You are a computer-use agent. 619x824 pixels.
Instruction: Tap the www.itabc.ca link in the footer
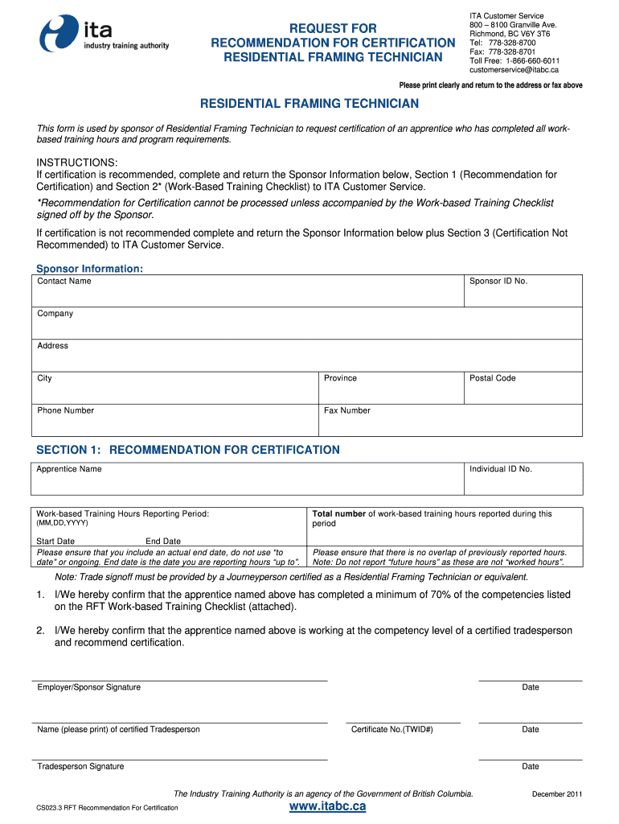pyautogui.click(x=327, y=805)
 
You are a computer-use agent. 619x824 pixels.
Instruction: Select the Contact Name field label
pyautogui.click(x=64, y=282)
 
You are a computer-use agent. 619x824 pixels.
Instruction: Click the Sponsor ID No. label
pyautogui.click(x=498, y=282)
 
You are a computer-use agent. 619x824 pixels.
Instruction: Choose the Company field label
pyautogui.click(x=55, y=314)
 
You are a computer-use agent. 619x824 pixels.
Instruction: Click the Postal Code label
pyautogui.click(x=493, y=378)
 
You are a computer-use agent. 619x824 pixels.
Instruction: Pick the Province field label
pyautogui.click(x=340, y=378)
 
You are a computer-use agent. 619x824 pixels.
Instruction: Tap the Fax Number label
pyautogui.click(x=347, y=410)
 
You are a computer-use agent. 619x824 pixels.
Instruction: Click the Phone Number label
pyautogui.click(x=66, y=410)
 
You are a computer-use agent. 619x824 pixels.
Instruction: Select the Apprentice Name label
pyautogui.click(x=69, y=469)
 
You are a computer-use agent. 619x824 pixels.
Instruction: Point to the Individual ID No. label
pyautogui.click(x=501, y=469)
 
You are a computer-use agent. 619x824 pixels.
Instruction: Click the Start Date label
pyautogui.click(x=55, y=542)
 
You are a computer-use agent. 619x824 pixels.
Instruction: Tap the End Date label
pyautogui.click(x=163, y=542)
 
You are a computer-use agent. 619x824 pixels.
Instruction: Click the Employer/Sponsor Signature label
pyautogui.click(x=88, y=687)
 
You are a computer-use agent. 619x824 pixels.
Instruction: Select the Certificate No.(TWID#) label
pyautogui.click(x=392, y=730)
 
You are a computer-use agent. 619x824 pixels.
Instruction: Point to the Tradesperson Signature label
pyautogui.click(x=80, y=767)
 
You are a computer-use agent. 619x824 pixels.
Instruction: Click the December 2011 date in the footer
pyautogui.click(x=557, y=795)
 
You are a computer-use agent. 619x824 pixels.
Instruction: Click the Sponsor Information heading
pyautogui.click(x=90, y=269)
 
